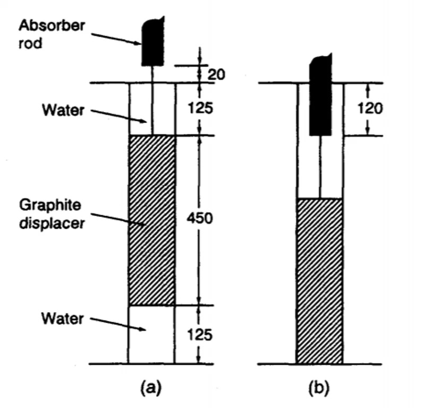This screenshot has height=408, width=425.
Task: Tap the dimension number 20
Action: [x=216, y=74]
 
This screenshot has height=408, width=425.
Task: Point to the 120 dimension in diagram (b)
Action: [x=370, y=109]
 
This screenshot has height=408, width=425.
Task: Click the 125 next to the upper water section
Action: [x=201, y=109]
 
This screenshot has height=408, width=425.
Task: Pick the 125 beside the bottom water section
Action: [x=201, y=335]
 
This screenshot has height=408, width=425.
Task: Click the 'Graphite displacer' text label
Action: [x=52, y=213]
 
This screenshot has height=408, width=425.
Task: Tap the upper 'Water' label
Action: [x=63, y=111]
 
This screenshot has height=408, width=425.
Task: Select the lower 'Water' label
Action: [x=63, y=319]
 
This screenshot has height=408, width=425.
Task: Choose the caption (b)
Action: [x=319, y=388]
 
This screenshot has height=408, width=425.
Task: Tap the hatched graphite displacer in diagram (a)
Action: [x=152, y=220]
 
